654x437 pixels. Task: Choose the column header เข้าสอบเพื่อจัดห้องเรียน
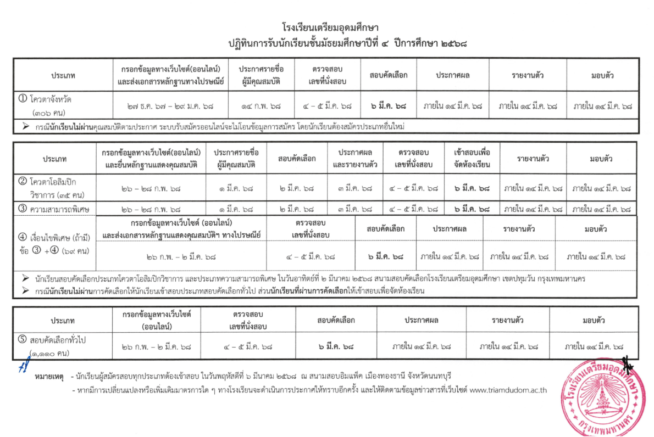coord(469,158)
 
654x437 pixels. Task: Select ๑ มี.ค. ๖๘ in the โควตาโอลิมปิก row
coord(236,188)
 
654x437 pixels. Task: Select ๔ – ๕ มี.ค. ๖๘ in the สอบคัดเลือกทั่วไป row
coord(248,347)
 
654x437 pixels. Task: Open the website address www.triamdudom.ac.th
coord(508,390)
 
